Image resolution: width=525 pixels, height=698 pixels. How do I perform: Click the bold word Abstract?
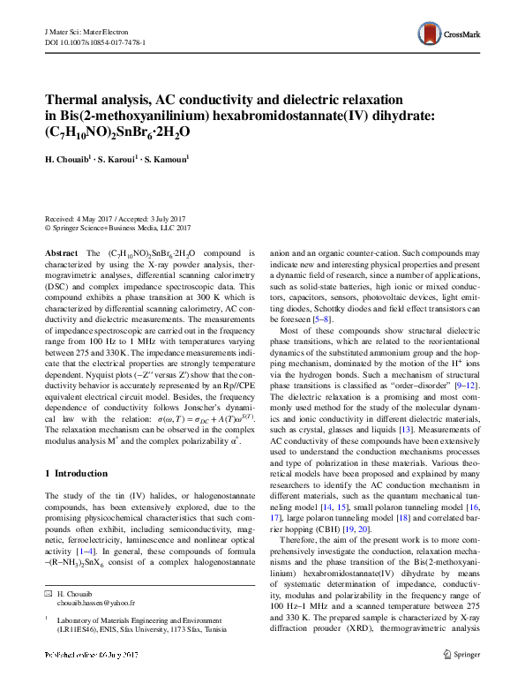61,252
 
